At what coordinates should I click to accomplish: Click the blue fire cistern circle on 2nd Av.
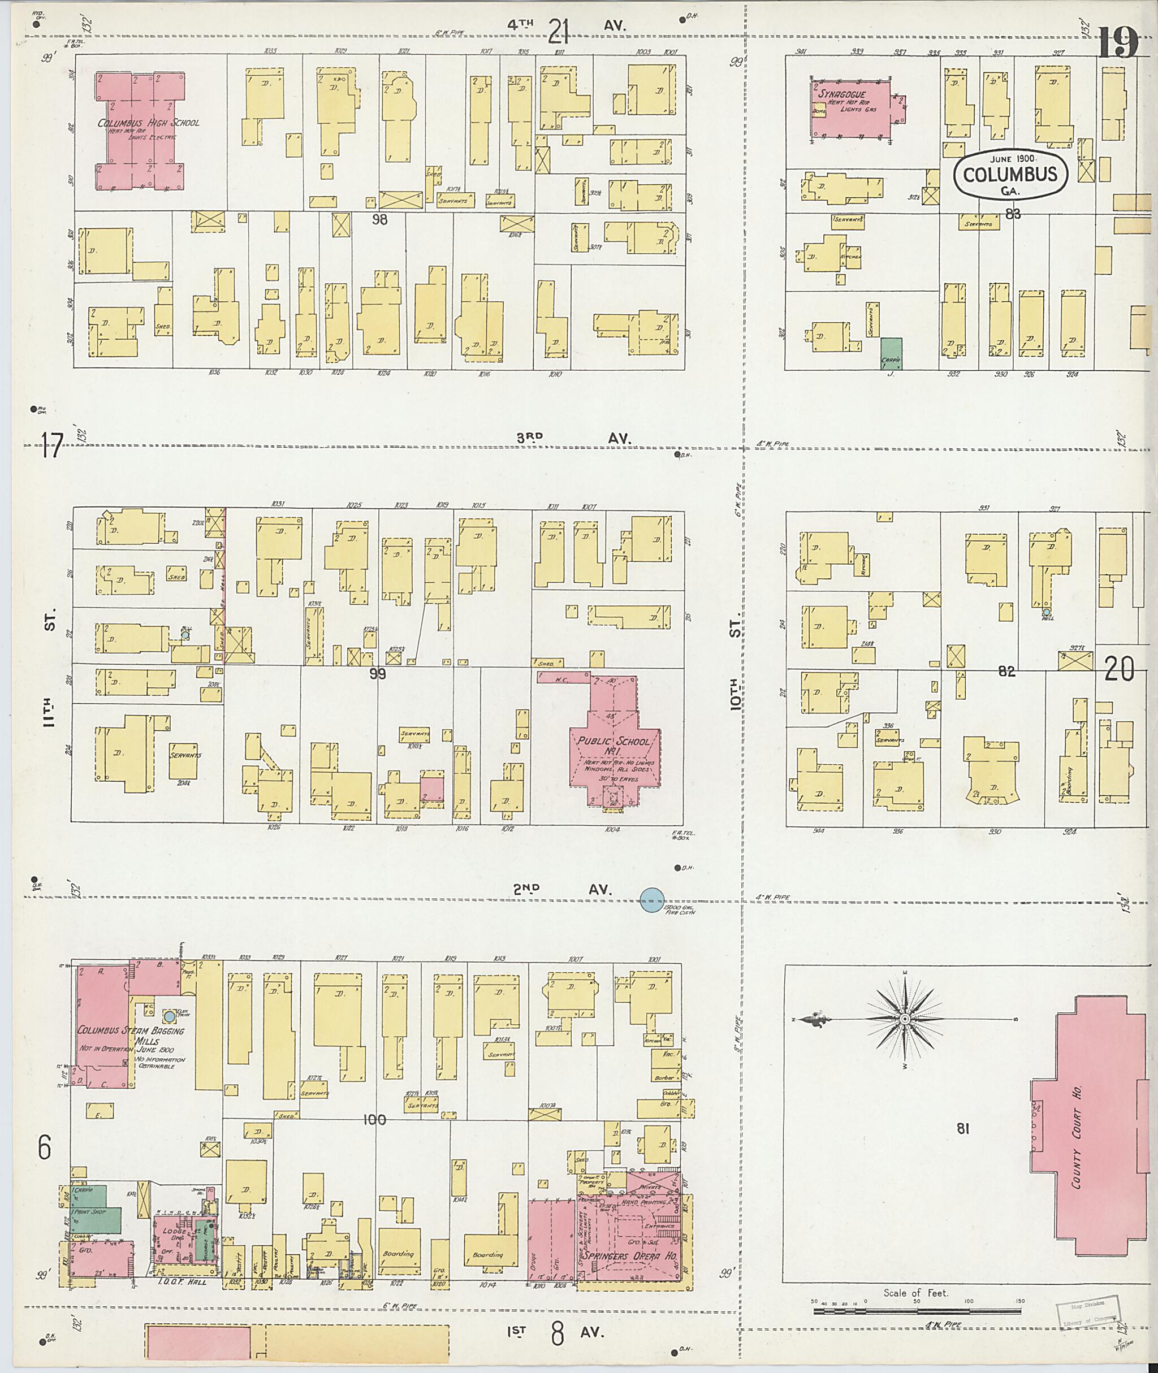tap(652, 900)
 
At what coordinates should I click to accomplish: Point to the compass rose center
tap(905, 1019)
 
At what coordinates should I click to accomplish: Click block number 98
tap(379, 219)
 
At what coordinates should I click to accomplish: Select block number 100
tap(374, 1120)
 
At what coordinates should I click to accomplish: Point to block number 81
tap(963, 1129)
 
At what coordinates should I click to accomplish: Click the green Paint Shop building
tap(97, 1211)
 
